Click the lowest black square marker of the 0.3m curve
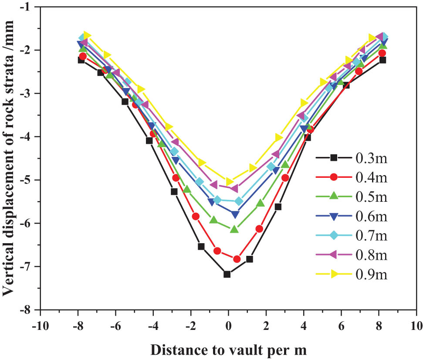[227, 274]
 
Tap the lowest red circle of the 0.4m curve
[237, 259]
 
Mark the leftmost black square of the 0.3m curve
[81, 60]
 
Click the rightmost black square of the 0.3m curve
[382, 60]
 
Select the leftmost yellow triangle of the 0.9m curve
[87, 35]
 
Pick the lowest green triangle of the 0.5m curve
[234, 229]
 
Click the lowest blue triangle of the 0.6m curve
[235, 214]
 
